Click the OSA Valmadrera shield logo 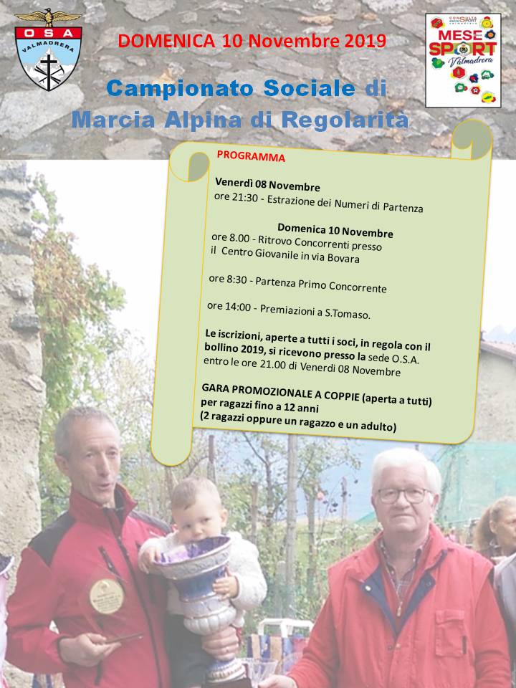49,49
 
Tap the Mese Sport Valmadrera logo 462,60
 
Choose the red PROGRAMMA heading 250,156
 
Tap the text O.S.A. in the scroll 404,358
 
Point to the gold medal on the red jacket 106,596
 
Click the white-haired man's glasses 405,494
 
